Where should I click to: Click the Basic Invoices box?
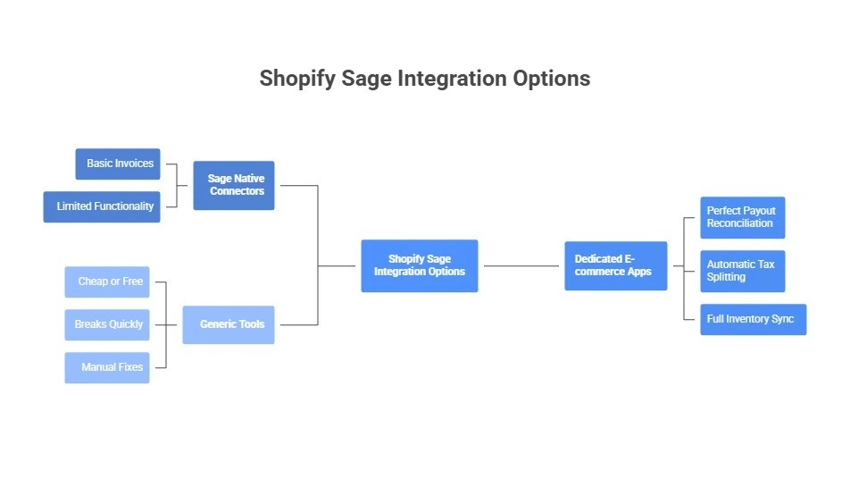coord(118,164)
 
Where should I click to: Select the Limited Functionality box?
coord(102,206)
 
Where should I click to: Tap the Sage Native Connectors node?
coord(234,185)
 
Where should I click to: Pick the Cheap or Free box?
coord(107,282)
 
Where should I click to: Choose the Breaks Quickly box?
coord(107,324)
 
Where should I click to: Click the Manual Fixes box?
coord(107,367)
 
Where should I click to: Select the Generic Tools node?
coord(229,324)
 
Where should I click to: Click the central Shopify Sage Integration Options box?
coord(420,265)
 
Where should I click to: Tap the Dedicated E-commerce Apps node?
coord(616,265)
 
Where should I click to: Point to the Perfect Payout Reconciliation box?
coord(743,217)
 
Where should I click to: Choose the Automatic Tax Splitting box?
coord(743,271)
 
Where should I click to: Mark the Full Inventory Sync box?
coord(754,319)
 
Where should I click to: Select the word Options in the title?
coord(551,79)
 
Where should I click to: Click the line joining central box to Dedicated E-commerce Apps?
coord(521,265)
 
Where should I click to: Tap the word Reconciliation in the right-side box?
coord(740,223)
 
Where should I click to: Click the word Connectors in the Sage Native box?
coord(237,191)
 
